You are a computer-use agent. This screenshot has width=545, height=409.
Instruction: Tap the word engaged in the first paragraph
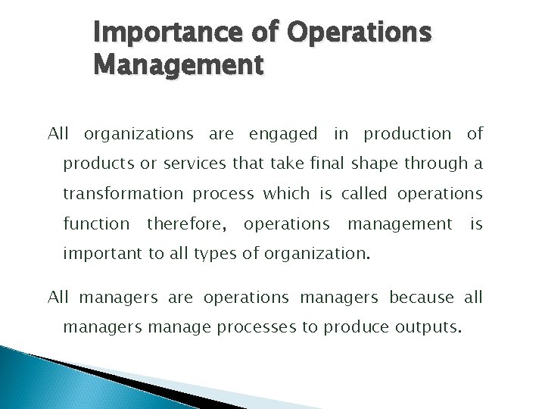[x=282, y=135]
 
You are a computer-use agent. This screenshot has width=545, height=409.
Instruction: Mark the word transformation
[x=122, y=194]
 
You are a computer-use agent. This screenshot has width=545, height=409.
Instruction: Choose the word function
[x=96, y=224]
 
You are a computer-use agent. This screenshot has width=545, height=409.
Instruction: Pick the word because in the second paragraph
[x=422, y=298]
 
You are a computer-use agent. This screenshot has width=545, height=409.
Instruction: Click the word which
[x=285, y=194]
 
